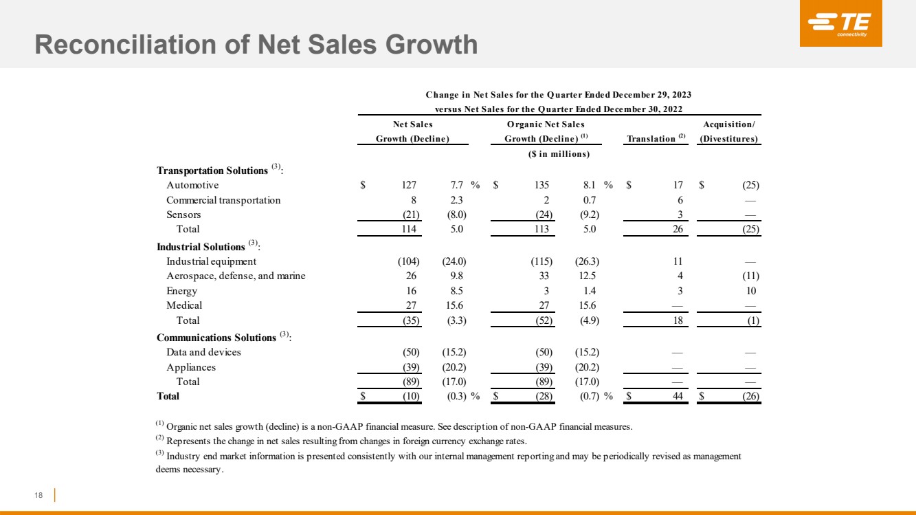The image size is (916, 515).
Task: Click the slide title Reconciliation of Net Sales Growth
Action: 256,45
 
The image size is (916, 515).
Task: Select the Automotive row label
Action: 192,185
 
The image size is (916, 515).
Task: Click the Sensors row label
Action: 183,215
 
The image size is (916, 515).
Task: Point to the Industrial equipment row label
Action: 211,261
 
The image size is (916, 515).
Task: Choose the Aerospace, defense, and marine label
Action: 236,276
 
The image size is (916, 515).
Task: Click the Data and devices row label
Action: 203,352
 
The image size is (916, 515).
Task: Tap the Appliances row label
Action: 191,367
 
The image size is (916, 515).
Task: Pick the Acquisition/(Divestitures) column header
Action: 728,131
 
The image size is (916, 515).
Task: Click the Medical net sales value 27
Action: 410,305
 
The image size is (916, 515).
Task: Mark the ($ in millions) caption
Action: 559,153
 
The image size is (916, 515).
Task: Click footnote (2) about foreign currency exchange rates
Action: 342,441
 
